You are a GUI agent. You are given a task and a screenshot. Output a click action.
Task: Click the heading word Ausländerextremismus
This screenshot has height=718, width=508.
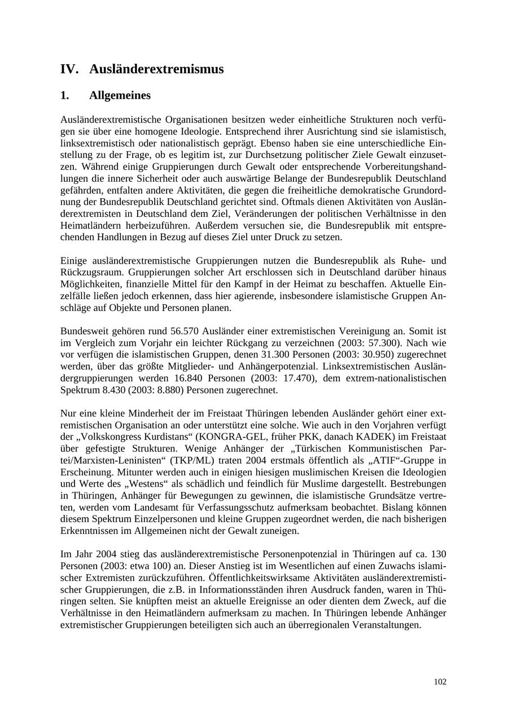[156, 69]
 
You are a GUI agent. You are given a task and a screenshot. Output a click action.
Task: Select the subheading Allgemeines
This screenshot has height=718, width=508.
[120, 95]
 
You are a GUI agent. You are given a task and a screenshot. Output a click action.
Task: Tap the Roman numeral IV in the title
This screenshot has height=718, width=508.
[68, 69]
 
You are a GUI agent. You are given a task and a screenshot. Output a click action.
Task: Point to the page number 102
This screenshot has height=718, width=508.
[440, 682]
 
